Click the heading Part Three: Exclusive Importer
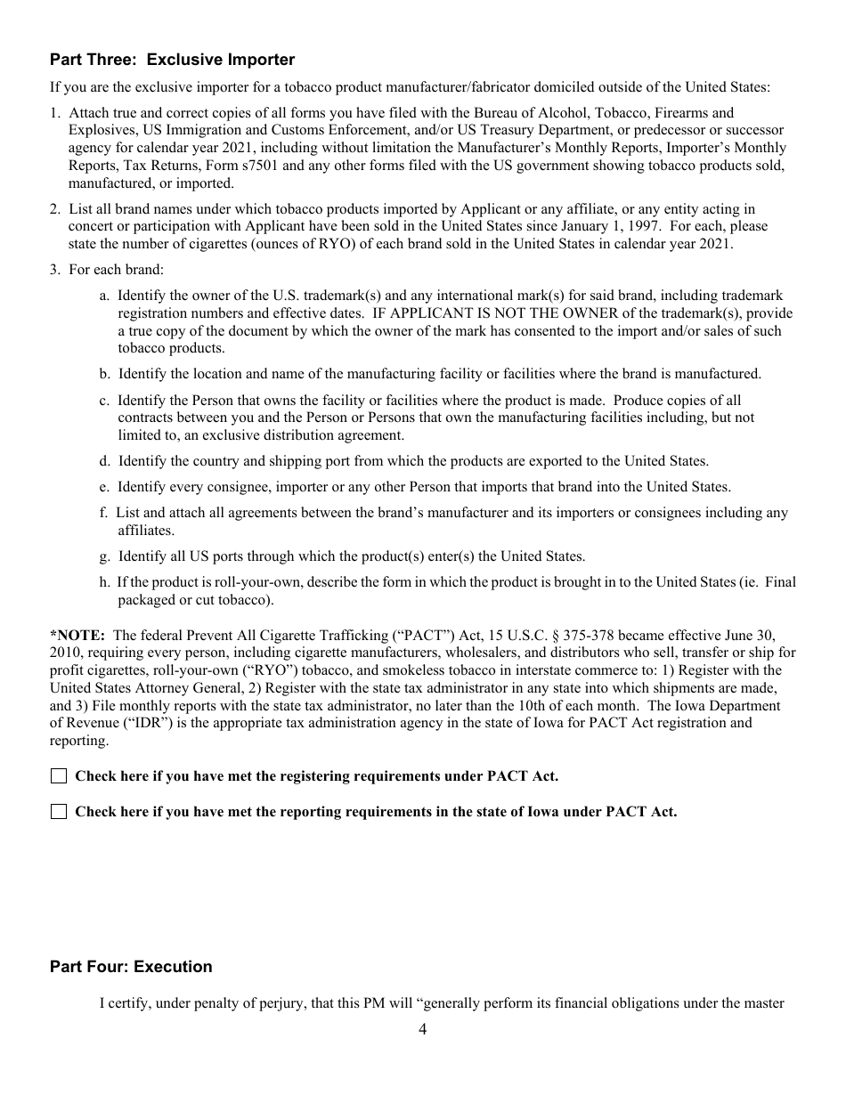172,60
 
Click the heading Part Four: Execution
131,967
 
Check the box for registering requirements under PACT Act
59,776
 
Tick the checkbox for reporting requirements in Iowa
59,812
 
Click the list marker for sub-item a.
105,296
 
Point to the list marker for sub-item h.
105,582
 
